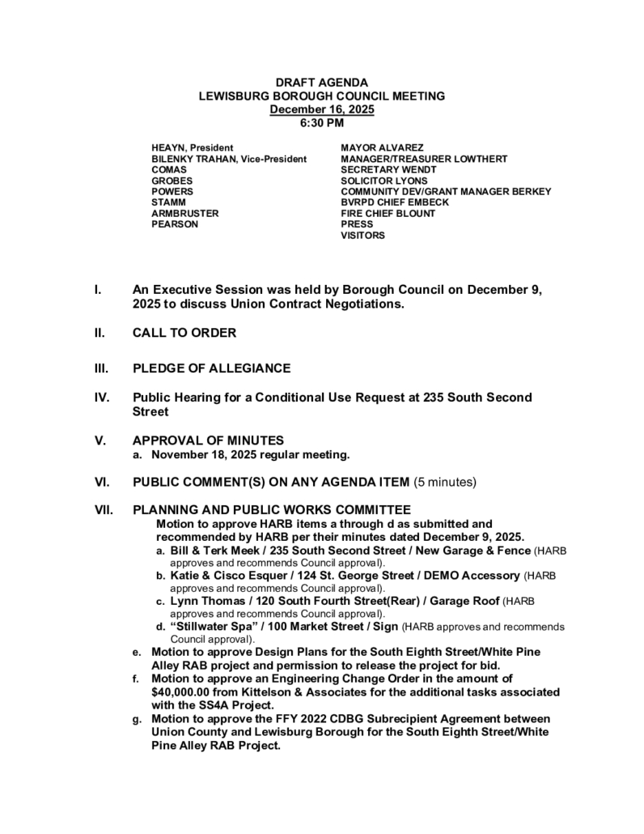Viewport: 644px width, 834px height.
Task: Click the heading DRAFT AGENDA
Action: pos(322,83)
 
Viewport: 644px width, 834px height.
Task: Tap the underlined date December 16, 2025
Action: pos(322,109)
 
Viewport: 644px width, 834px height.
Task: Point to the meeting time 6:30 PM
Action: pos(322,123)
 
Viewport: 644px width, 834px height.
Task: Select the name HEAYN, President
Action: pos(193,148)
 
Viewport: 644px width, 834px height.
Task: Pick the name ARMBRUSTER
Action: pos(184,214)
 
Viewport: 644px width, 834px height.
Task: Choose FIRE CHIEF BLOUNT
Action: pos(388,214)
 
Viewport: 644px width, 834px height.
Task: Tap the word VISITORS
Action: pos(362,236)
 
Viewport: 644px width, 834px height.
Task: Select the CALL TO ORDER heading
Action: pos(184,333)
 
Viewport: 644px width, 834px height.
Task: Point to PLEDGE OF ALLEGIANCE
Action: pos(211,368)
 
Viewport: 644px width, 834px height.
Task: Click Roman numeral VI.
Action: pos(102,483)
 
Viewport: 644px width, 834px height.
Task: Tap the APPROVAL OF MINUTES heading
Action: pos(208,440)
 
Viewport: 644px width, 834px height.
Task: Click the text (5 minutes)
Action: pos(445,483)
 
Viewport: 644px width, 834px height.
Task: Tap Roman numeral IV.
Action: pos(102,398)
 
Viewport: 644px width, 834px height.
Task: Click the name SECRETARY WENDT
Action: pos(388,170)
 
